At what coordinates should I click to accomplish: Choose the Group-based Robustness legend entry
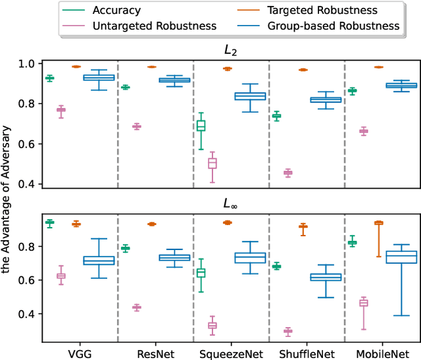coord(333,25)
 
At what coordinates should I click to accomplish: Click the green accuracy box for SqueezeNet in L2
coord(201,126)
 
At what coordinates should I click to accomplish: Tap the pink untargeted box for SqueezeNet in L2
coord(212,163)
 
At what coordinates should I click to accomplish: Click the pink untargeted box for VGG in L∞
coord(61,276)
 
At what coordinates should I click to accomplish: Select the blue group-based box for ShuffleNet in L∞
coord(326,277)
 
